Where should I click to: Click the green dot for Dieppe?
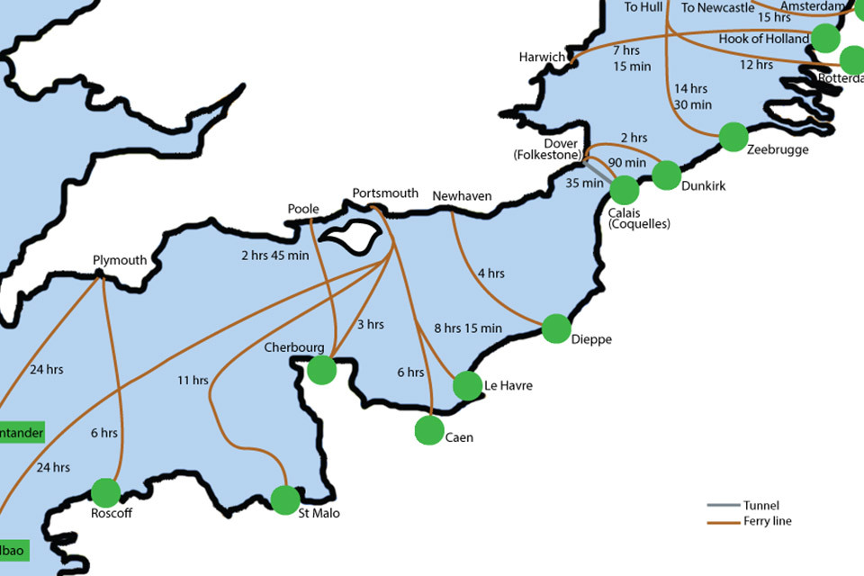(x=556, y=328)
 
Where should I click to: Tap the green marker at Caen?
(x=429, y=431)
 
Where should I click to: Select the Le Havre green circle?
(x=467, y=385)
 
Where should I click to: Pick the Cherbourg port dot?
(x=321, y=370)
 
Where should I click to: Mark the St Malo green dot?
(x=285, y=499)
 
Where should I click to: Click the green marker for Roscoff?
(x=106, y=492)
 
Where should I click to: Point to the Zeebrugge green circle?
(x=733, y=137)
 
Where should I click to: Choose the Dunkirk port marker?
(x=666, y=175)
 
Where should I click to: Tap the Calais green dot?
(x=624, y=190)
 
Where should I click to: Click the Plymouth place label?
(x=120, y=261)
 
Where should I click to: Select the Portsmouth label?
(x=385, y=193)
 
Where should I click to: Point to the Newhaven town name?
(x=462, y=196)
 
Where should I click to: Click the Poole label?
(x=303, y=210)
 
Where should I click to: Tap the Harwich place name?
(x=542, y=58)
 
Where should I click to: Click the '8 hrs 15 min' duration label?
(x=468, y=328)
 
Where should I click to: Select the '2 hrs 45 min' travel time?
(x=274, y=256)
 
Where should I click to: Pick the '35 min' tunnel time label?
(x=585, y=184)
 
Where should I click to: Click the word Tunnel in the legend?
(x=761, y=506)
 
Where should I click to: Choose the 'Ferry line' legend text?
(x=768, y=521)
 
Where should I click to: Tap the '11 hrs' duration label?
(x=193, y=381)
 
